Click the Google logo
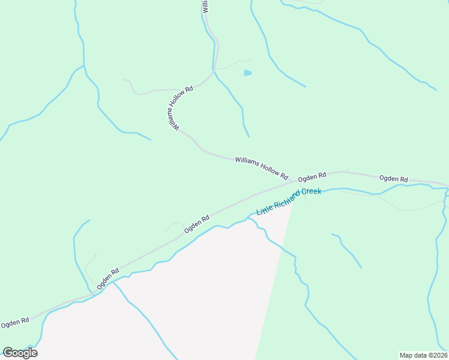[20, 353]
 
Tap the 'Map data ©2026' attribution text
[423, 355]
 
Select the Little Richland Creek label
[289, 202]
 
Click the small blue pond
[248, 73]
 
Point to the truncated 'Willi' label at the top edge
[205, 6]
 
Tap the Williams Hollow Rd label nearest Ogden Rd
[262, 167]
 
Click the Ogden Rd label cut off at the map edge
[15, 323]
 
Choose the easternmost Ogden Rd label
[393, 179]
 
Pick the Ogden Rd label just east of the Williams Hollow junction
[312, 177]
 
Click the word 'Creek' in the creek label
[311, 193]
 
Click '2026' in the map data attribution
[438, 355]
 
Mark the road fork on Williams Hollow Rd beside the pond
[214, 71]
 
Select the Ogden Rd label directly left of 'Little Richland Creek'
[197, 224]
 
